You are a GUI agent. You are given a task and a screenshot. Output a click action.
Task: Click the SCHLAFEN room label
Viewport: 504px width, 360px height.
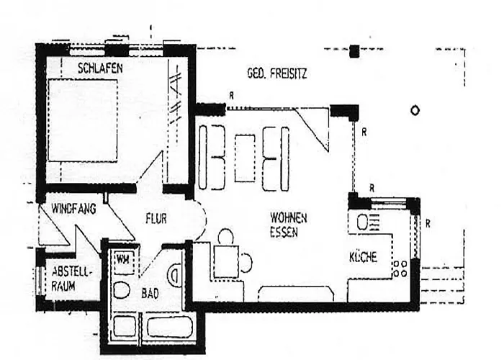pyautogui.click(x=100, y=68)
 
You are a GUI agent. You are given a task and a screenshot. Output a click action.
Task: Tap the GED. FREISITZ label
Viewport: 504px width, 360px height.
pyautogui.click(x=276, y=73)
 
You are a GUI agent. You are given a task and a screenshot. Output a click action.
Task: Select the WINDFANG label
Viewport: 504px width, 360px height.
pyautogui.click(x=73, y=209)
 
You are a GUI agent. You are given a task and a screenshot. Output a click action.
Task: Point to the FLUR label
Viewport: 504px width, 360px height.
pyautogui.click(x=156, y=219)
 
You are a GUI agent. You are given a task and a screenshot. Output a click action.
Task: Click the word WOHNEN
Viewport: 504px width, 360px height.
pyautogui.click(x=288, y=218)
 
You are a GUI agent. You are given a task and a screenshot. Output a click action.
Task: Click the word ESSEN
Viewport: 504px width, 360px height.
pyautogui.click(x=284, y=232)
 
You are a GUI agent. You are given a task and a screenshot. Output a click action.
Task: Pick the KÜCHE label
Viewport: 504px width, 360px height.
pyautogui.click(x=363, y=257)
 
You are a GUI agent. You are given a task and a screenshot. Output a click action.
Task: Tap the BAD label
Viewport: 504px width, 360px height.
pyautogui.click(x=150, y=293)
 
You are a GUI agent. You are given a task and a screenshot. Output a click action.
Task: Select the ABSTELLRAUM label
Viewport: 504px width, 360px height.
pyautogui.click(x=72, y=279)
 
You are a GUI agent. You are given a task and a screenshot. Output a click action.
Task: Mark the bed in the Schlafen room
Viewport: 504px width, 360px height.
pyautogui.click(x=83, y=120)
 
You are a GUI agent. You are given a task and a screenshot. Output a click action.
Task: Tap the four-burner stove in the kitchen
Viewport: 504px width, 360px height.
pyautogui.click(x=400, y=269)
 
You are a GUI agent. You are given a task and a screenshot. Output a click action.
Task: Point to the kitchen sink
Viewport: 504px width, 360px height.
pyautogui.click(x=364, y=222)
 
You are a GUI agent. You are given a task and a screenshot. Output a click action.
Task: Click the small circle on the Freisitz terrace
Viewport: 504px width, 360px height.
pyautogui.click(x=415, y=111)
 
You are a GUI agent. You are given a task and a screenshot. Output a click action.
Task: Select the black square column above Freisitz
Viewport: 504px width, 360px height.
pyautogui.click(x=354, y=51)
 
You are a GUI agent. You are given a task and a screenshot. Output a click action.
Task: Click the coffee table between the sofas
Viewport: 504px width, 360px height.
pyautogui.click(x=245, y=158)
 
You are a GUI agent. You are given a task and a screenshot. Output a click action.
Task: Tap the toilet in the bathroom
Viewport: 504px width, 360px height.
pyautogui.click(x=122, y=290)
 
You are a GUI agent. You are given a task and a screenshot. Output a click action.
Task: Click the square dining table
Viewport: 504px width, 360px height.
pyautogui.click(x=226, y=261)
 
